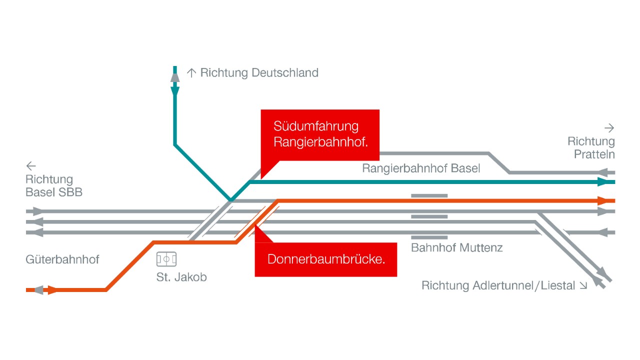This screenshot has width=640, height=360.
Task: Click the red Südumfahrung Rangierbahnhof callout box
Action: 320,134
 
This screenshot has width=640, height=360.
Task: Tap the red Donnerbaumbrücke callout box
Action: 326,259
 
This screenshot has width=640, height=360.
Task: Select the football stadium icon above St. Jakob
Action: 166,259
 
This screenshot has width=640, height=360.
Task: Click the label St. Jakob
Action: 181,276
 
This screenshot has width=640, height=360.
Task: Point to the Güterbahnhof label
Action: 62,259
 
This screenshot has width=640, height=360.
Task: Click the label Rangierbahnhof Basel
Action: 421,168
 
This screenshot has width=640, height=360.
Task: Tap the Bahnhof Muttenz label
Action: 456,247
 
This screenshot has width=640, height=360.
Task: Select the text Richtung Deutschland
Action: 259,72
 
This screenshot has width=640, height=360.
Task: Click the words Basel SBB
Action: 54,192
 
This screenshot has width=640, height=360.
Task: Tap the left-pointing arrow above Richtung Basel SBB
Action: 31,166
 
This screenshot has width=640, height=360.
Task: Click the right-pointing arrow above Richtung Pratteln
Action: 609,127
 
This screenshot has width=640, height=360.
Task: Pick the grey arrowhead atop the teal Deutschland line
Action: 174,77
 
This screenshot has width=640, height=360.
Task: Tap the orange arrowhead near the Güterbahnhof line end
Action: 52,289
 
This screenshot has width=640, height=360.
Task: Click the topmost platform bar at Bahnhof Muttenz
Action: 429,195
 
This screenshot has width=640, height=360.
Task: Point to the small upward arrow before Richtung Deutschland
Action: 191,73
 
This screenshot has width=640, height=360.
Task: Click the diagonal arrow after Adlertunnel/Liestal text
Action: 583,286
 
